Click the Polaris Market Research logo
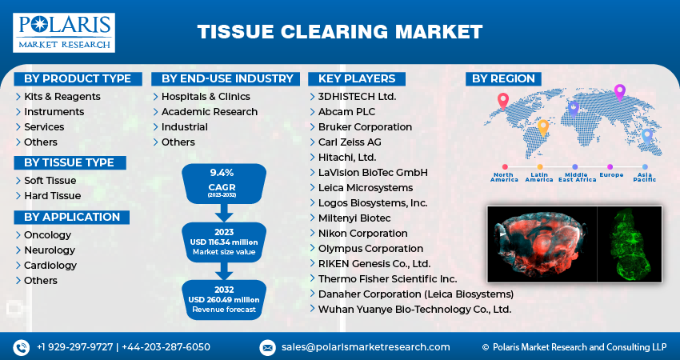pos(64,32)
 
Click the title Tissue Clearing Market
pos(339,32)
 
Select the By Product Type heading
pos(78,78)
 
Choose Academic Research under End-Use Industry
pos(210,112)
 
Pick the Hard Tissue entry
pos(52,196)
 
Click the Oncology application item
pos(48,235)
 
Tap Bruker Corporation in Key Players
pos(365,127)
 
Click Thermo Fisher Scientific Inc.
pos(387,279)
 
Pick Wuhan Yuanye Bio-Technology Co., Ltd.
pos(414,310)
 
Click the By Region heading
pos(503,78)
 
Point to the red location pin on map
pos(502,101)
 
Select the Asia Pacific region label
pos(645,177)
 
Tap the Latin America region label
pos(539,177)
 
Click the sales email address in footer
pos(366,347)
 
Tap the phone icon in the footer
pos(21,347)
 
